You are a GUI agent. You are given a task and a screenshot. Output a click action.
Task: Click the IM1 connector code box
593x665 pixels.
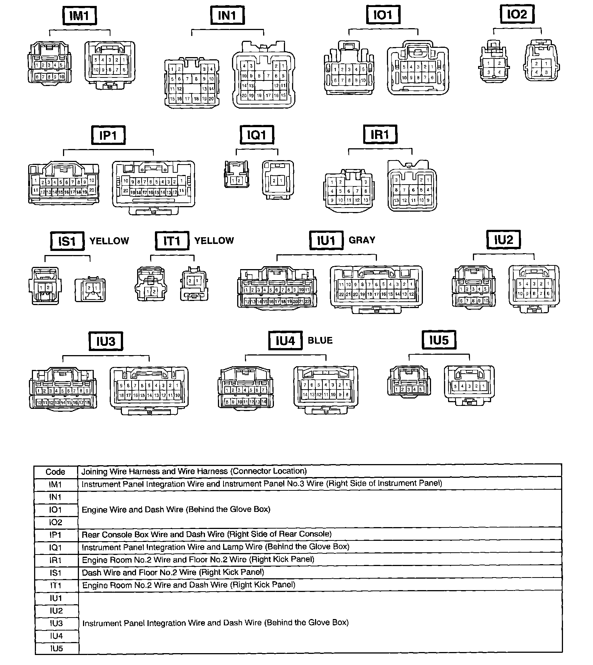pos(80,16)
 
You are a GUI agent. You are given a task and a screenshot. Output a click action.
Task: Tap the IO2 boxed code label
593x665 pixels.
pos(517,15)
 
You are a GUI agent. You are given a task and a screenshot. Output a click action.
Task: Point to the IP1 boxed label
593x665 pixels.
pos(108,135)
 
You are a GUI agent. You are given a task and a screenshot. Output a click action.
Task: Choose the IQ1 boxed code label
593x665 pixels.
pos(257,135)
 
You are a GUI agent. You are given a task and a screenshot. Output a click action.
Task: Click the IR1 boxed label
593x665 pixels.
pos(380,135)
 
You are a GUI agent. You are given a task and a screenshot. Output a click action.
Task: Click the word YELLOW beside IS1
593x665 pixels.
pos(109,241)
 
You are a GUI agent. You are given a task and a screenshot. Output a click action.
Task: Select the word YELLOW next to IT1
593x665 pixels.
pos(214,241)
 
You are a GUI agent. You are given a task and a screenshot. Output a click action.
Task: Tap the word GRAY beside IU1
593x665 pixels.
pos(362,240)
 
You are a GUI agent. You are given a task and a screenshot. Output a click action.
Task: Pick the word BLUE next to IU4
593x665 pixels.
pos(320,340)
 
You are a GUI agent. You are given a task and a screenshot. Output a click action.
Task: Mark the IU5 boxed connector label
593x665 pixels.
pos(439,340)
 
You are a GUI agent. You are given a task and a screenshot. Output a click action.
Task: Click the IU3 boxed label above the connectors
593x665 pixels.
pos(106,341)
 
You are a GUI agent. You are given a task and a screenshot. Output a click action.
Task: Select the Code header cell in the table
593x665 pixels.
pos(56,472)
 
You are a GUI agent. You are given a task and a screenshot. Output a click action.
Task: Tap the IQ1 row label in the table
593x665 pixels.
pos(56,547)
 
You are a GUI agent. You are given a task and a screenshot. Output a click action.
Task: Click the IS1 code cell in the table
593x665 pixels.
pos(56,573)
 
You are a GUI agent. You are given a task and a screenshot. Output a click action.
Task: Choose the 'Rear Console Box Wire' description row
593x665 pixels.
pos(206,534)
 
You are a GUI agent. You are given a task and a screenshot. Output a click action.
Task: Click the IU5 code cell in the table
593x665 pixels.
pos(56,648)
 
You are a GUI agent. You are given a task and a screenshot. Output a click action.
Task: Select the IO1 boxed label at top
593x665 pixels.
pos(383,16)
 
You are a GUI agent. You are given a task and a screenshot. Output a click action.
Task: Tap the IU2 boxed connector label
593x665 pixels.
pos(503,240)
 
